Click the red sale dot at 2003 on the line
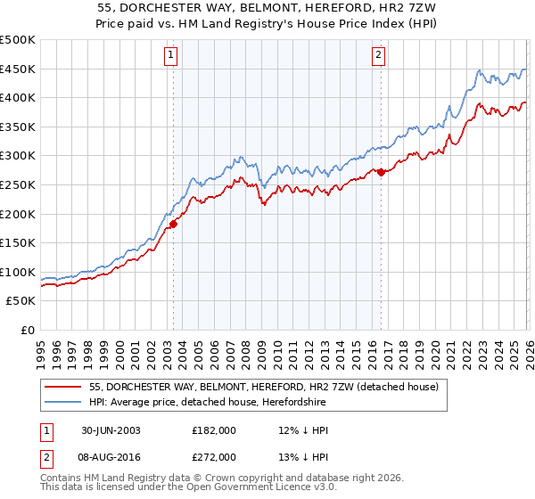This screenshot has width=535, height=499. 173,225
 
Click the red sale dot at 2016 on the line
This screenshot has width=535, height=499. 381,172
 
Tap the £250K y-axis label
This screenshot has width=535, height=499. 18,185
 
